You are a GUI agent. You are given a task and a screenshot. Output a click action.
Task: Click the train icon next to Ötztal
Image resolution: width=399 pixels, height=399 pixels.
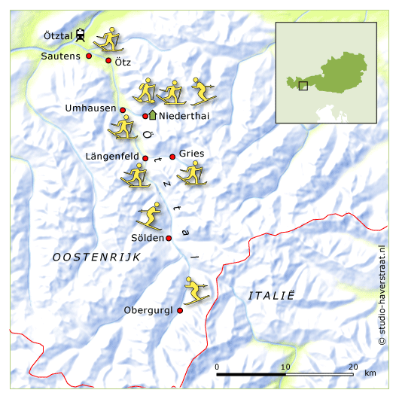tap(81, 35)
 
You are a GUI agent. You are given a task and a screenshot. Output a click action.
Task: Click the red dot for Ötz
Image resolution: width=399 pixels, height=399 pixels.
tap(108, 61)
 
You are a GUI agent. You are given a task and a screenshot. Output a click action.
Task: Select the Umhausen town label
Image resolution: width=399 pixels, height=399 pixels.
tap(90, 108)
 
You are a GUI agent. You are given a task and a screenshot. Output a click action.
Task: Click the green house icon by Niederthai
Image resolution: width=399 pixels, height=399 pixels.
tap(153, 115)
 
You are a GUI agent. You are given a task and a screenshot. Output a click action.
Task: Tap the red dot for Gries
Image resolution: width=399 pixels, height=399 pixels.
tap(172, 157)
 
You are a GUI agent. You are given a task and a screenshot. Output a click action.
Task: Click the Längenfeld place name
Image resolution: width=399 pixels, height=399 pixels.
tap(112, 157)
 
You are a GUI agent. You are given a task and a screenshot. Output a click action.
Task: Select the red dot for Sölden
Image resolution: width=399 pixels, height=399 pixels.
tap(169, 238)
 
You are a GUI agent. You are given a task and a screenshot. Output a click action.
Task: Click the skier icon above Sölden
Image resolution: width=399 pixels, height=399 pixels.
tap(150, 216)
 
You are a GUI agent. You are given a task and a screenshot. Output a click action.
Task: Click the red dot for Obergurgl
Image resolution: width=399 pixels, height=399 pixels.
tap(180, 310)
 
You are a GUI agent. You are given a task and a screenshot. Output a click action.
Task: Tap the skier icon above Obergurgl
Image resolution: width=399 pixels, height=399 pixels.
tap(198, 290)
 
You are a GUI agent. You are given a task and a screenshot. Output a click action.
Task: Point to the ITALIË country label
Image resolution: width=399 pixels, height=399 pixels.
tap(270, 296)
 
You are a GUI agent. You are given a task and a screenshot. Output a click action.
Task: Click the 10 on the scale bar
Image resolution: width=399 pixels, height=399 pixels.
tap(285, 367)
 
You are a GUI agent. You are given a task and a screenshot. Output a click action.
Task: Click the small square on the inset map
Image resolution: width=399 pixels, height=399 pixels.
tap(303, 86)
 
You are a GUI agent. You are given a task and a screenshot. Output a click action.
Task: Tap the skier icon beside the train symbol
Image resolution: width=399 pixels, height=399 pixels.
tap(110, 39)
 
